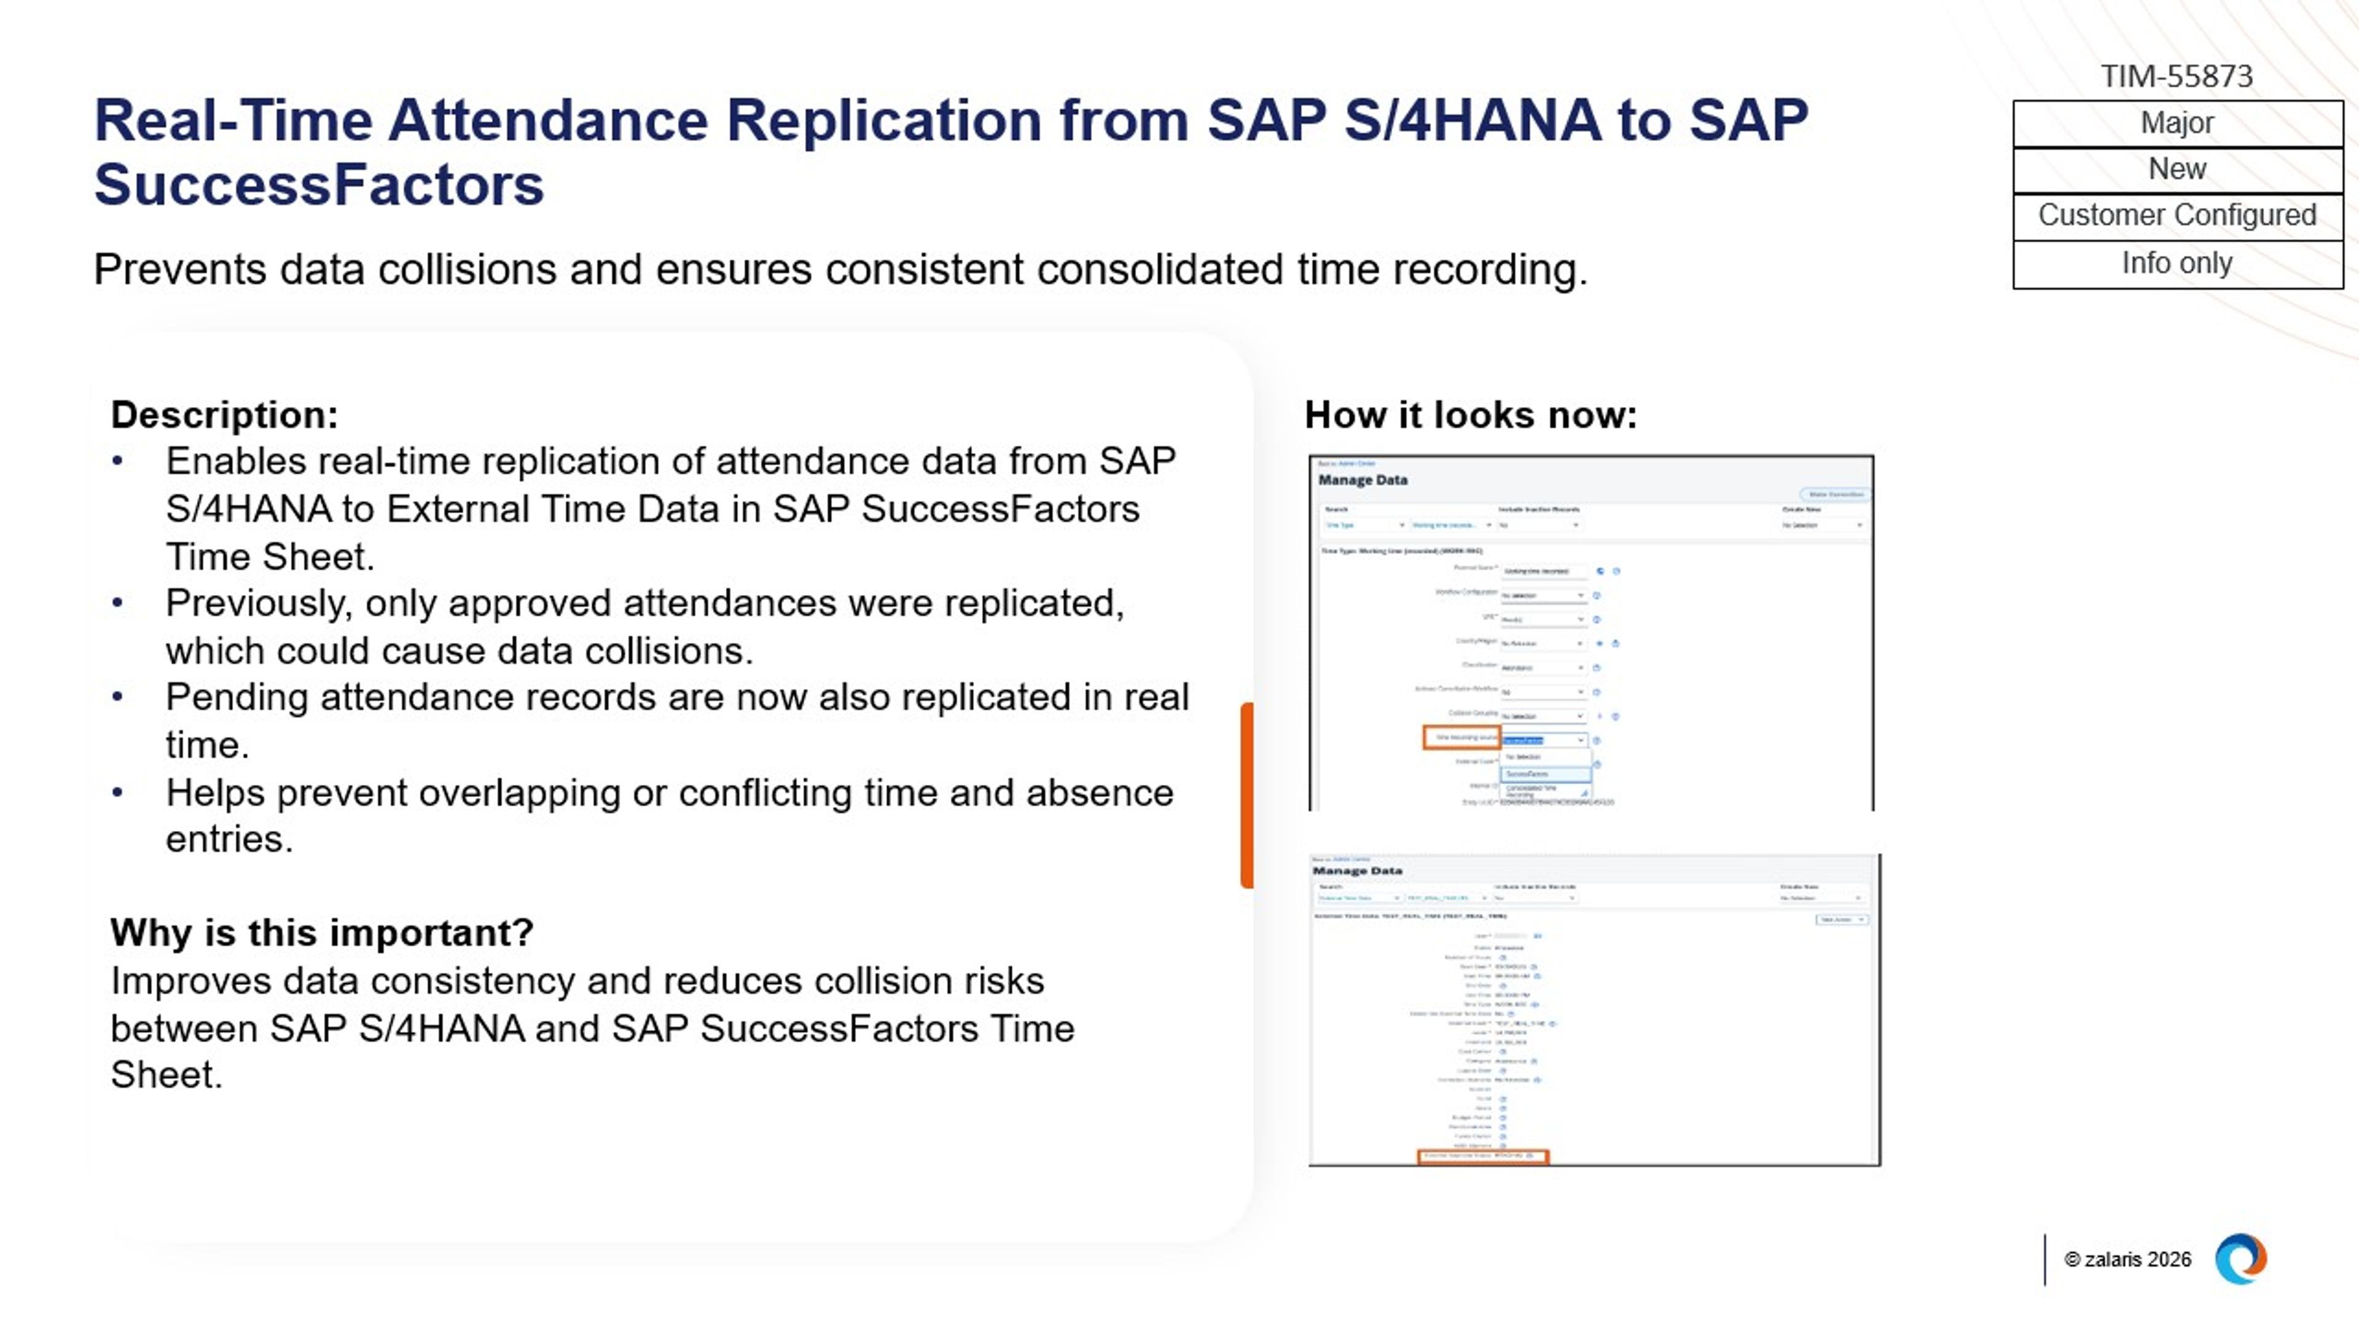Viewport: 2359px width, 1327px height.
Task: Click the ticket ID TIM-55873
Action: point(2176,76)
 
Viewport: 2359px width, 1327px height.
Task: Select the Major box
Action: point(2177,123)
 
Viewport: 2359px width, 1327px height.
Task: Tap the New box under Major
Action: point(2177,170)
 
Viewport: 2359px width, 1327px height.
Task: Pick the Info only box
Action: point(2177,264)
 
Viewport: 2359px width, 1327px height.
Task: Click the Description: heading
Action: point(224,415)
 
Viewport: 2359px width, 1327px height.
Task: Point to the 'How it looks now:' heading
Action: point(1470,415)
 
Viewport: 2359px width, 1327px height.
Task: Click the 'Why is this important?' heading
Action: point(321,933)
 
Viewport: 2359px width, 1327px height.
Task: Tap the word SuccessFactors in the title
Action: point(319,185)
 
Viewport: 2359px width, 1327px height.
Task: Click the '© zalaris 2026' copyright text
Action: point(2126,1259)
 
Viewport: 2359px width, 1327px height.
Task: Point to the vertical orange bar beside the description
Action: point(1246,795)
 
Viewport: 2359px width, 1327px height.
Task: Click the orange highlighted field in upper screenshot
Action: point(1461,737)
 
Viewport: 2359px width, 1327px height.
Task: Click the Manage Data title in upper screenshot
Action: point(1363,480)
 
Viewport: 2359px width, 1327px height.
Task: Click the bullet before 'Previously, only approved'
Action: point(117,603)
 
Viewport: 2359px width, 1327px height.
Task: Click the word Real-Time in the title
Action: point(233,121)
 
